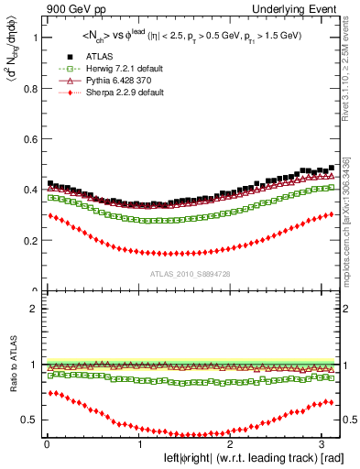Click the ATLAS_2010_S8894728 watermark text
pyautogui.click(x=191, y=273)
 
